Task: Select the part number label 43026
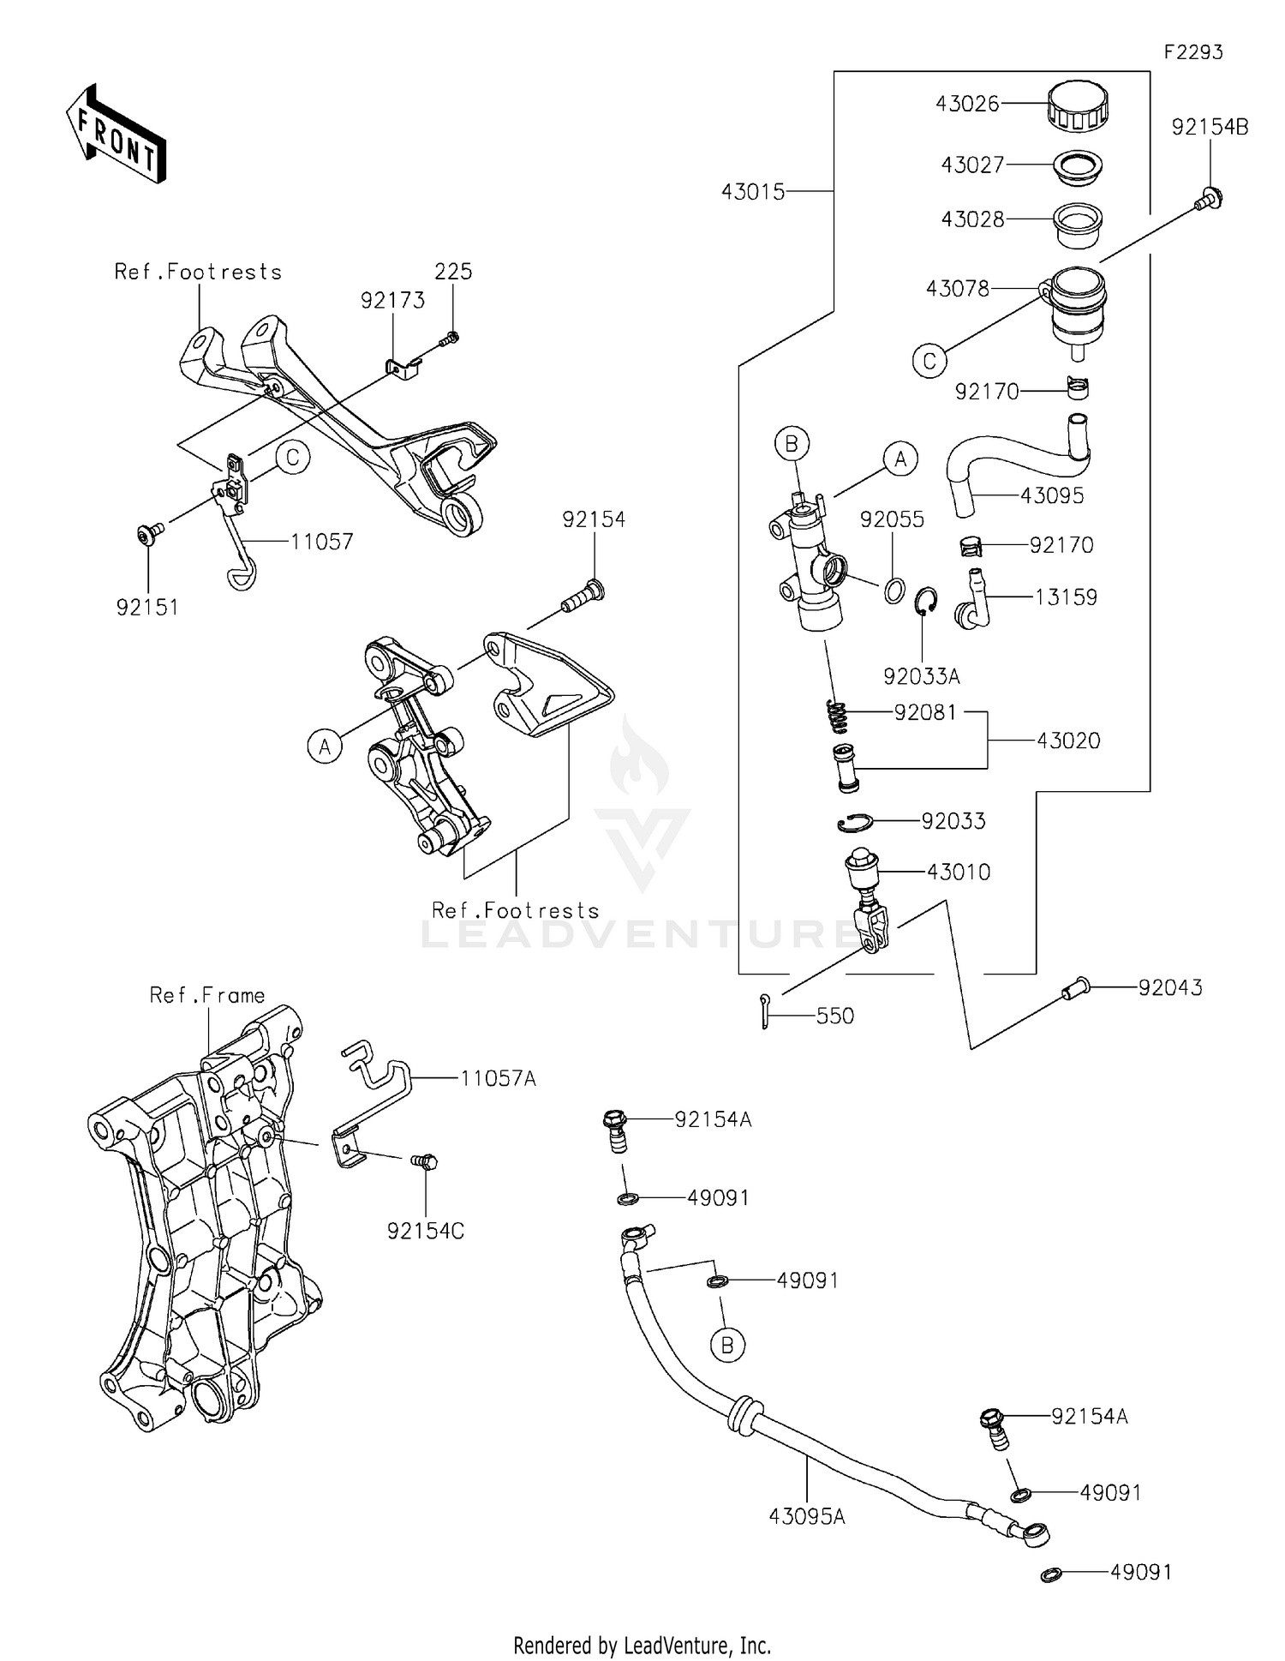point(967,104)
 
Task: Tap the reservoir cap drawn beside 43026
point(1078,105)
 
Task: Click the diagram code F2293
point(1192,52)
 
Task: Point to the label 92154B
point(1210,128)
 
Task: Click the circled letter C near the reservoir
point(929,361)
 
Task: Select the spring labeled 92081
point(838,717)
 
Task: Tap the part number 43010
point(959,872)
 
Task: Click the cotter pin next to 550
point(765,1011)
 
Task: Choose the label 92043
point(1170,988)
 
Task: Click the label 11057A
point(498,1079)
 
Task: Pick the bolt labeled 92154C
point(423,1163)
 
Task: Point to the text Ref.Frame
point(207,995)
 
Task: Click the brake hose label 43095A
point(807,1517)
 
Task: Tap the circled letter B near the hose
point(726,1346)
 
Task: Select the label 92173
point(392,301)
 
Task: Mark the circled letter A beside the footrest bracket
point(325,747)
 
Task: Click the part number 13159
point(1066,597)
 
